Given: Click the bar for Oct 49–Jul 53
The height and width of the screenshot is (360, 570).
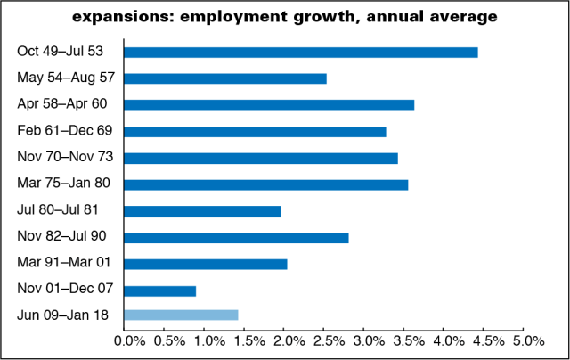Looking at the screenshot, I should click(300, 52).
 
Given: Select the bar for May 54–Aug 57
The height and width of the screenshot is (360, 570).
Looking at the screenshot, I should click(224, 78).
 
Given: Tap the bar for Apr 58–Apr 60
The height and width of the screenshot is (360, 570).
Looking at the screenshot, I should click(268, 105).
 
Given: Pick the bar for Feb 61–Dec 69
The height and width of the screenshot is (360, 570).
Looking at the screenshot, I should click(254, 131).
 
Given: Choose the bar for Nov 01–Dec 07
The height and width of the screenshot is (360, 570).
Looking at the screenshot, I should click(159, 290).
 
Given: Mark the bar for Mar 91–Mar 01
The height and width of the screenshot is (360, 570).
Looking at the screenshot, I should click(205, 264).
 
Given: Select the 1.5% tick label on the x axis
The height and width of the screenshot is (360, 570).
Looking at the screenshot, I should click(247, 340).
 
